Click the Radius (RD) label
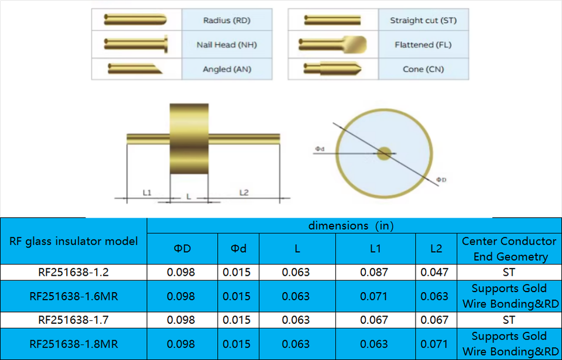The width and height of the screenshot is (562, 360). (227, 20)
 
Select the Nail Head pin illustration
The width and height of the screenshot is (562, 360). (136, 44)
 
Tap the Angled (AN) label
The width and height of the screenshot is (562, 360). (227, 69)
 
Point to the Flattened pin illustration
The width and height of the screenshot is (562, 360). (333, 44)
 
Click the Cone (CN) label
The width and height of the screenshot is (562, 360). (423, 69)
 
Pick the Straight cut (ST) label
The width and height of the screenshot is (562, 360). (423, 20)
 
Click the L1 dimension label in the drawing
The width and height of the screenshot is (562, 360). (147, 193)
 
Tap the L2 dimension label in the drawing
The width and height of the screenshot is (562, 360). (244, 193)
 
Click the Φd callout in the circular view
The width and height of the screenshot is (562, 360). (320, 149)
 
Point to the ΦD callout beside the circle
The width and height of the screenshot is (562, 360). (441, 179)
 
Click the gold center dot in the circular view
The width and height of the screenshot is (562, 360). (384, 153)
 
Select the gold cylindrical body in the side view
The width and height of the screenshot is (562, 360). (189, 139)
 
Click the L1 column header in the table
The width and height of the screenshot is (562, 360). (375, 248)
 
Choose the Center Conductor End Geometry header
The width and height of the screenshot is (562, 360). (509, 249)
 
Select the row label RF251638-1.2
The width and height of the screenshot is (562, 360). (74, 273)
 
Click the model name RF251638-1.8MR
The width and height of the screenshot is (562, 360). (74, 344)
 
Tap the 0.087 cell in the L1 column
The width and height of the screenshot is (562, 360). (374, 273)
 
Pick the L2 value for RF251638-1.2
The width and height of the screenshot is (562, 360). (434, 273)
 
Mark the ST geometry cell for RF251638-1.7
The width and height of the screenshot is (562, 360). (509, 320)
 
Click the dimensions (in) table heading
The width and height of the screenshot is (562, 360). (351, 225)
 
